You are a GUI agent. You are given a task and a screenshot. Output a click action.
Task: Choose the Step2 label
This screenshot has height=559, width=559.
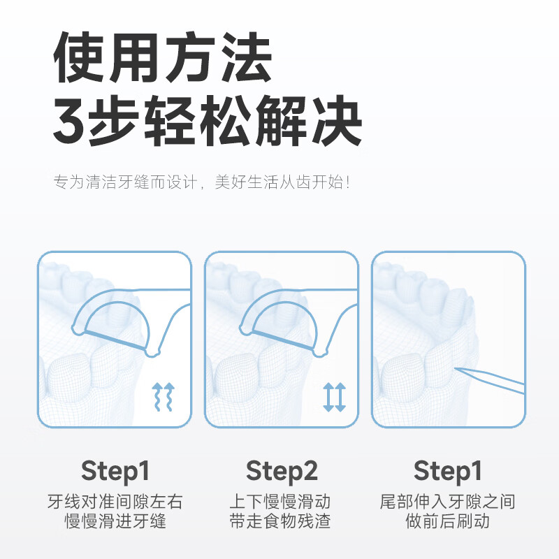pos(281,470)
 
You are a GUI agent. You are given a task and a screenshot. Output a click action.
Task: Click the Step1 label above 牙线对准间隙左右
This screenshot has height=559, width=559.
pos(115,470)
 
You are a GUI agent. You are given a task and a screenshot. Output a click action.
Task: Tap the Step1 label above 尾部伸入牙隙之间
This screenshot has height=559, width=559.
pos(447,470)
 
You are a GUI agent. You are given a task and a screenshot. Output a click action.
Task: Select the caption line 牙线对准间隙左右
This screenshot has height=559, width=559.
pos(115,502)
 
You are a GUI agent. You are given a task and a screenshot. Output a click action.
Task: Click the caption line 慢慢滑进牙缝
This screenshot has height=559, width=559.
pos(115,521)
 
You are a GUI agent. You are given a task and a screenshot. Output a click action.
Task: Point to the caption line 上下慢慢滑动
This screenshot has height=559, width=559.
pos(281,502)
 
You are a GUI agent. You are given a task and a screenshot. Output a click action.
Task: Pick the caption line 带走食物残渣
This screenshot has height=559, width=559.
pos(281,521)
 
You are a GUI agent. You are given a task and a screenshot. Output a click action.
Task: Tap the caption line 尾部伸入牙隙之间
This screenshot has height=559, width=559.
pos(447,502)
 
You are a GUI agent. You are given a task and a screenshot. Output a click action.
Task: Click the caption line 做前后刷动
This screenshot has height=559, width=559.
pos(447,521)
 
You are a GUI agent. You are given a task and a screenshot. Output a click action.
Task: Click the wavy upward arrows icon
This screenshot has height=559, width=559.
pos(163,397)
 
